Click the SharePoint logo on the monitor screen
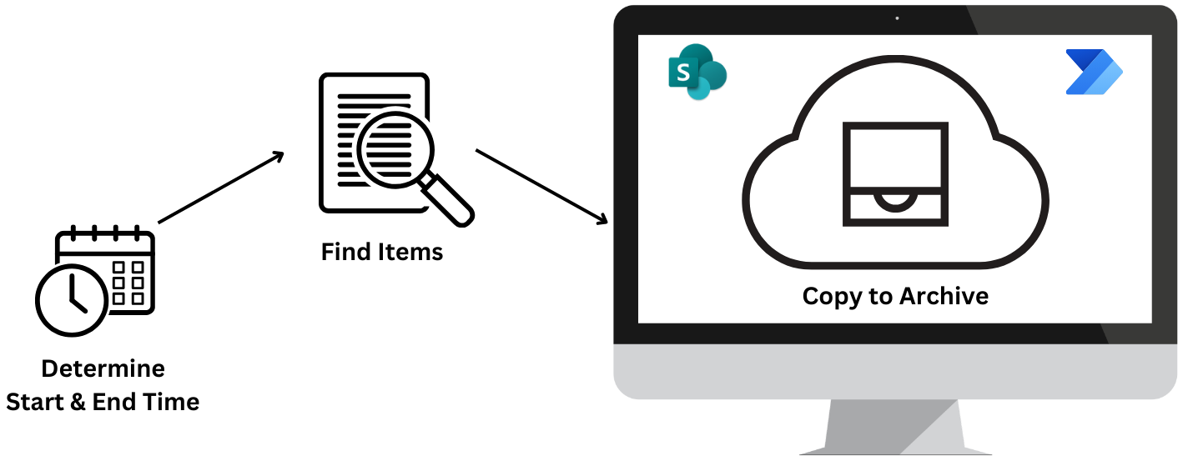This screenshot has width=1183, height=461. pos(697,73)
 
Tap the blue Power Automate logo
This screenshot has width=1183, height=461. pos(1094,73)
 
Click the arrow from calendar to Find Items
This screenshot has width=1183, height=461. pos(220,188)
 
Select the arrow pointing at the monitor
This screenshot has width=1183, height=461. pos(541,187)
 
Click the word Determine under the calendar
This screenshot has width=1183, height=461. pos(103,368)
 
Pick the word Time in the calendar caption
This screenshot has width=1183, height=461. pos(170,402)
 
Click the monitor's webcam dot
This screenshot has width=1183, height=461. pos(897,18)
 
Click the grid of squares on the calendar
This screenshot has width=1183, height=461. pos(128,282)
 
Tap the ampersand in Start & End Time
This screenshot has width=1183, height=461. pos(79,402)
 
